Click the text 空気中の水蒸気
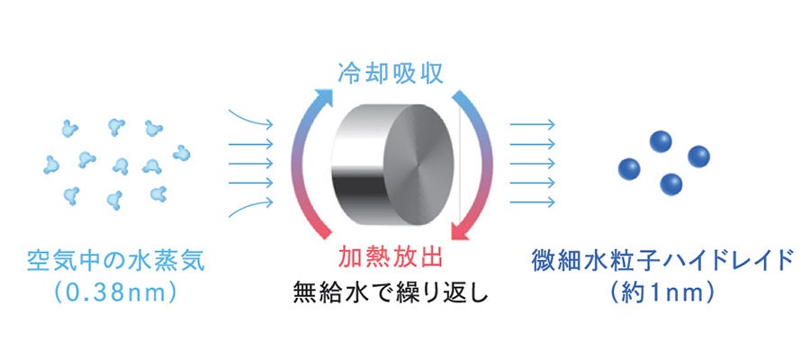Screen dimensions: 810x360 click(x=116, y=263)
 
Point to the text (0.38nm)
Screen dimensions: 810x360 click(x=116, y=293)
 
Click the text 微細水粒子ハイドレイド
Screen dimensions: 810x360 click(x=663, y=263)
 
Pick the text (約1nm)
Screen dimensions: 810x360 click(x=663, y=293)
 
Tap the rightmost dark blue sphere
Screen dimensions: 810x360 click(x=699, y=157)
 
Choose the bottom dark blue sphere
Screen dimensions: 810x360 click(x=670, y=184)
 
